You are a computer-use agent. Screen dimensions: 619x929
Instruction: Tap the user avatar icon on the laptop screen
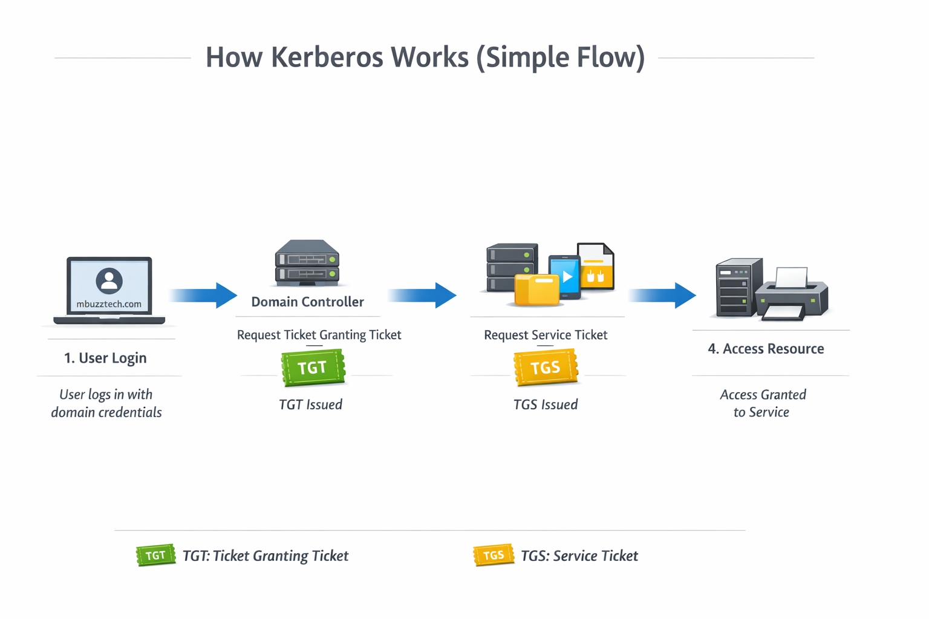pyautogui.click(x=109, y=280)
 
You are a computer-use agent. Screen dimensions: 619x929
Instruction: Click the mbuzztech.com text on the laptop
pyautogui.click(x=109, y=304)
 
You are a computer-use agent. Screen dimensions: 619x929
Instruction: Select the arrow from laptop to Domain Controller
pyautogui.click(x=203, y=296)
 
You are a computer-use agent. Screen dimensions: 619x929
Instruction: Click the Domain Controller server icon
pyautogui.click(x=307, y=263)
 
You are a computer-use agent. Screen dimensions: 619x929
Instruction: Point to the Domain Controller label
pyautogui.click(x=307, y=302)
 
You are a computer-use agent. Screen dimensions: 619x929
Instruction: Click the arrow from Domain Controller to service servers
pyautogui.click(x=422, y=296)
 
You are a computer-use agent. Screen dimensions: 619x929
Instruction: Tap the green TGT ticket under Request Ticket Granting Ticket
pyautogui.click(x=313, y=368)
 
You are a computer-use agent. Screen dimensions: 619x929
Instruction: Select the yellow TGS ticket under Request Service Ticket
pyautogui.click(x=546, y=368)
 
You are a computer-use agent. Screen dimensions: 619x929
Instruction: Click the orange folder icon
pyautogui.click(x=536, y=290)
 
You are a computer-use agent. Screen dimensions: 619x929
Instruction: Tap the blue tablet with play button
pyautogui.click(x=565, y=277)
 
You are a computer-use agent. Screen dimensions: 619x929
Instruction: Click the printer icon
pyautogui.click(x=792, y=294)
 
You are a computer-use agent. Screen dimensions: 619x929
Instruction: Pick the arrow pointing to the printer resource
pyautogui.click(x=662, y=296)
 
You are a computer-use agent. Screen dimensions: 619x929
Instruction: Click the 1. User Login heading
pyautogui.click(x=105, y=358)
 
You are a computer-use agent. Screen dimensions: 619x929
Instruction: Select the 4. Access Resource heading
pyautogui.click(x=766, y=349)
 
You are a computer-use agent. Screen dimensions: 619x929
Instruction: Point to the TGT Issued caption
pyautogui.click(x=310, y=404)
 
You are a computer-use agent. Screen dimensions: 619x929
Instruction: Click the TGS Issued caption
pyautogui.click(x=546, y=404)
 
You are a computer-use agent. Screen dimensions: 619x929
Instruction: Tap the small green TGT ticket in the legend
pyautogui.click(x=155, y=555)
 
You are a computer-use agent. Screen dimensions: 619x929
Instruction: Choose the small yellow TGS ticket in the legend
pyautogui.click(x=494, y=555)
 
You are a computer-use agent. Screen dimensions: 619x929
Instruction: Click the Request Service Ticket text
pyautogui.click(x=546, y=335)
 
